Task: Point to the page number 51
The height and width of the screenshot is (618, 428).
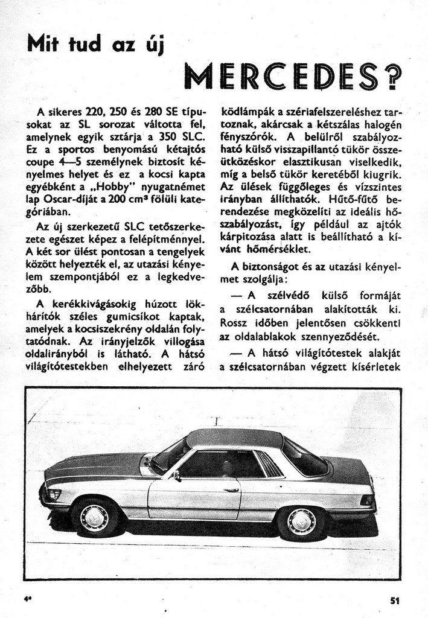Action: tap(395, 600)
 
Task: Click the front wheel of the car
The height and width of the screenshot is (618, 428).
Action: tap(94, 517)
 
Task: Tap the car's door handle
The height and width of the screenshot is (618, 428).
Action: tap(231, 487)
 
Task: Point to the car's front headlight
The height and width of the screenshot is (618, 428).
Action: tap(52, 494)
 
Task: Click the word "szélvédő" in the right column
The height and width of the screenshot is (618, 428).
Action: tap(287, 295)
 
